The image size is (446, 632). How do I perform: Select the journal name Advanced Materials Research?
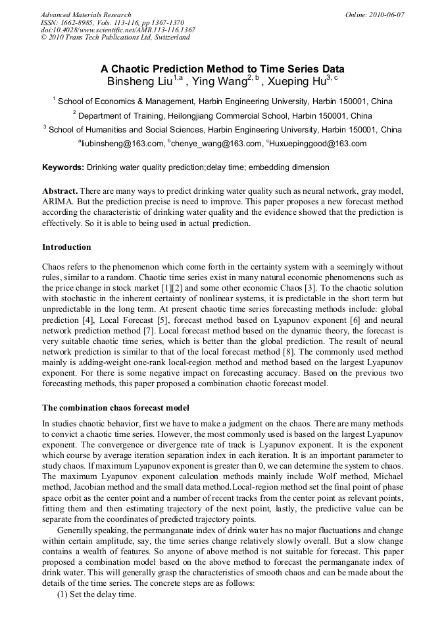(86, 14)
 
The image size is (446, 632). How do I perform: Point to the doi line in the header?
(118, 30)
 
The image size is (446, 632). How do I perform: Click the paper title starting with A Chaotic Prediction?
(222, 69)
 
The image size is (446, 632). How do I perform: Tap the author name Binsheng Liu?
(139, 82)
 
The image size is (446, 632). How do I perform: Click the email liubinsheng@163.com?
(122, 143)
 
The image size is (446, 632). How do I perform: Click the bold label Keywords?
(63, 168)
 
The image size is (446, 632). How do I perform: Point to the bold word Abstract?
(60, 190)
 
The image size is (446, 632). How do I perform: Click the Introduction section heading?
(66, 247)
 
